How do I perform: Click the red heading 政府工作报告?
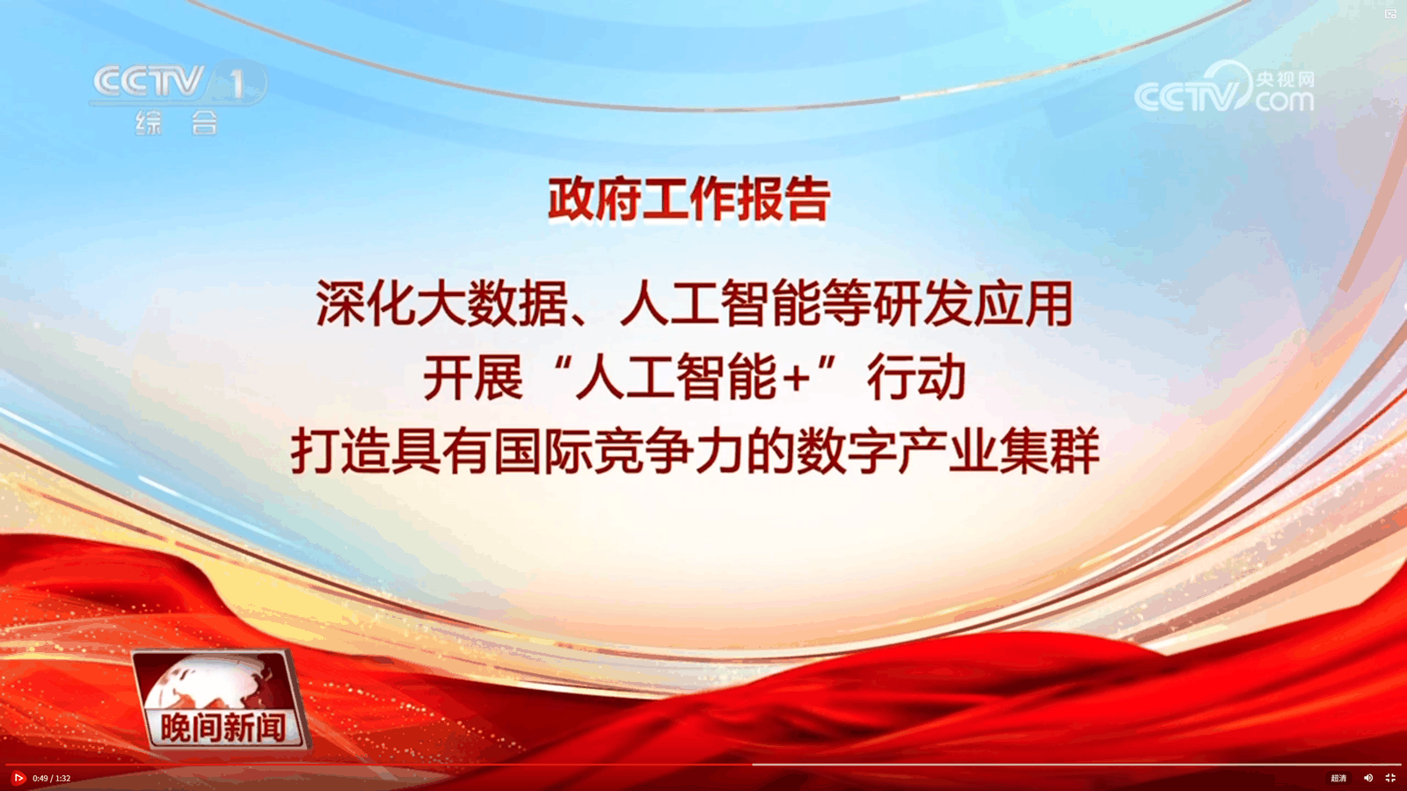(689, 200)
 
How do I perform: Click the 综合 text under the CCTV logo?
(177, 122)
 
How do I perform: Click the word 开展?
(473, 378)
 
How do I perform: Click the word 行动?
(916, 378)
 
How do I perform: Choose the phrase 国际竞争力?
(619, 452)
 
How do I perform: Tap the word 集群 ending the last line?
(1049, 452)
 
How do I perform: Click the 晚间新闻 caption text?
(223, 728)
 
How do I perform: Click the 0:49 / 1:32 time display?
(52, 779)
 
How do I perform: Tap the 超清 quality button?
(1338, 779)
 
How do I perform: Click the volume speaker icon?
(1368, 779)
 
